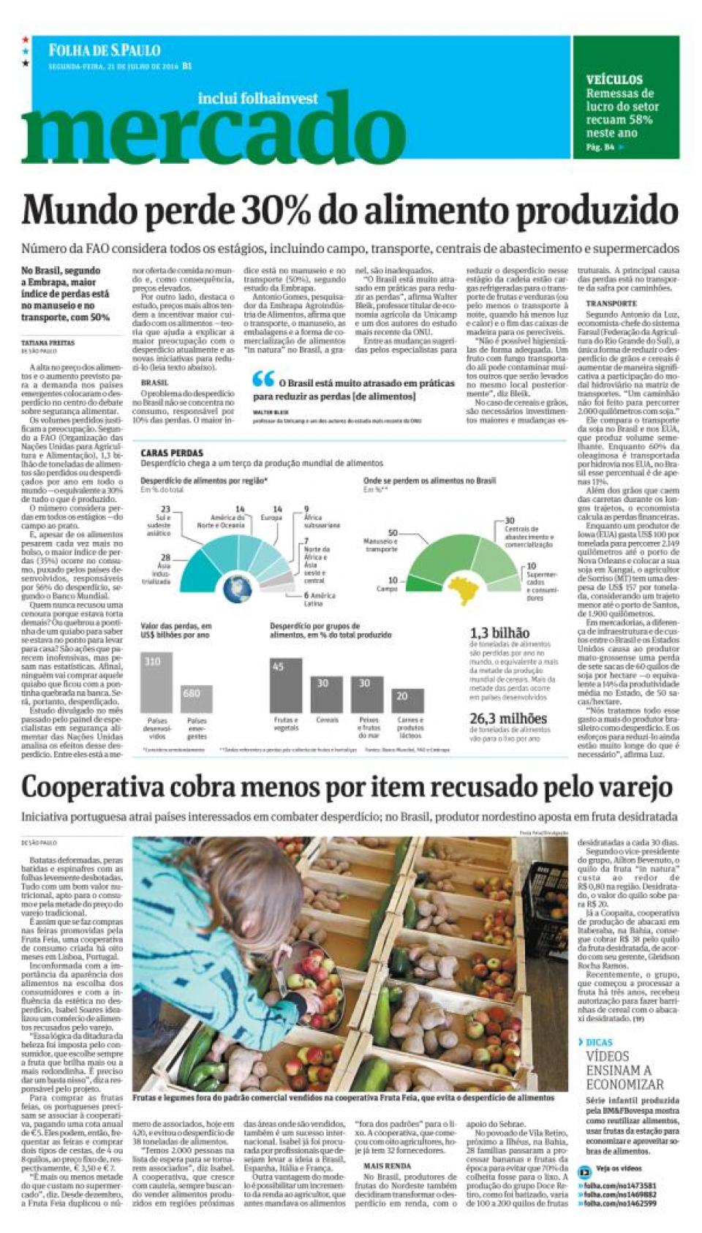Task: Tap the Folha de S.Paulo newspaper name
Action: (x=104, y=50)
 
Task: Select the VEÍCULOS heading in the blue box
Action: (x=614, y=80)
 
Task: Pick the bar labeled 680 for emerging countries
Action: (x=196, y=698)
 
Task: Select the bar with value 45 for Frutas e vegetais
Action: (x=285, y=685)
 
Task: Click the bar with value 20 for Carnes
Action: (x=407, y=701)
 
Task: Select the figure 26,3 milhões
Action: (x=507, y=718)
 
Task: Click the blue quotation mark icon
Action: (x=263, y=379)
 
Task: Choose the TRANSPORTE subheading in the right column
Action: (x=611, y=303)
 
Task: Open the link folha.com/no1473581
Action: (x=620, y=1185)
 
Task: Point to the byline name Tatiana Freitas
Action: (x=48, y=342)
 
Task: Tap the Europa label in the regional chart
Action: (x=271, y=517)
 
